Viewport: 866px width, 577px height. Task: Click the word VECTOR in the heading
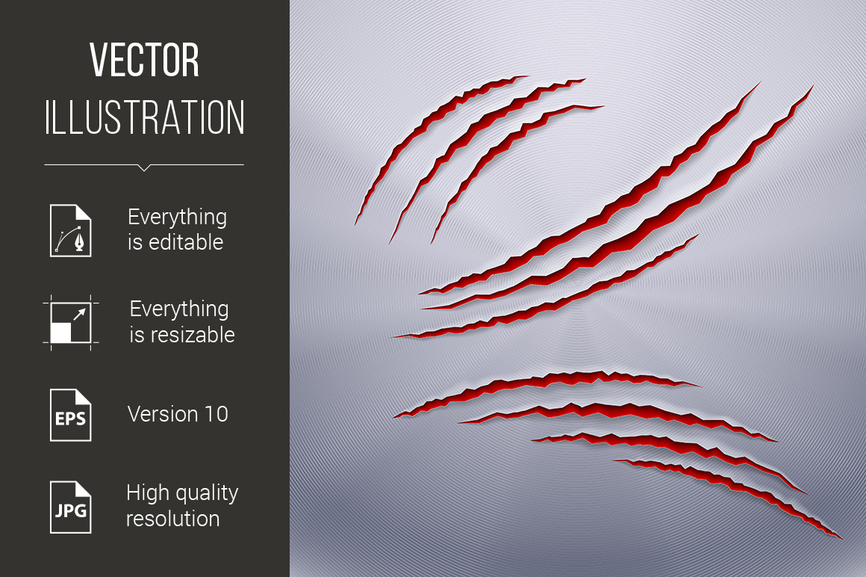coord(144,60)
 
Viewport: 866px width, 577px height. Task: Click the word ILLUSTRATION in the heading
coord(144,117)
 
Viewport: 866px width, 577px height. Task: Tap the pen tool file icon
coord(71,230)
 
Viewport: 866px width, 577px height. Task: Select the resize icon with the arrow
coord(71,323)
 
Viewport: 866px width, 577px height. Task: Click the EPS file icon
coord(71,415)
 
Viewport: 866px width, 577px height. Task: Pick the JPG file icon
coord(71,507)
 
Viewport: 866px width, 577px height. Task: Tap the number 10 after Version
coord(216,414)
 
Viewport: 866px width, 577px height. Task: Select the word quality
coord(205,493)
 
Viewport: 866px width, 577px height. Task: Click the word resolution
coord(173,519)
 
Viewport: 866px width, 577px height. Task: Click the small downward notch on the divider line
coord(144,167)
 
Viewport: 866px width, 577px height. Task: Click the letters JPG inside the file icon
coord(71,510)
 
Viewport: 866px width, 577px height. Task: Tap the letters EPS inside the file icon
coord(71,419)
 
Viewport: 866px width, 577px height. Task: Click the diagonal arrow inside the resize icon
coord(80,314)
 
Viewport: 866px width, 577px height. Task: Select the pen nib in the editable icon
coord(81,241)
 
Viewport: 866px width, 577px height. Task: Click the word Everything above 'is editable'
coord(177,217)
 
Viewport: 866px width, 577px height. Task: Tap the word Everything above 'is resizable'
coord(179,309)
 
